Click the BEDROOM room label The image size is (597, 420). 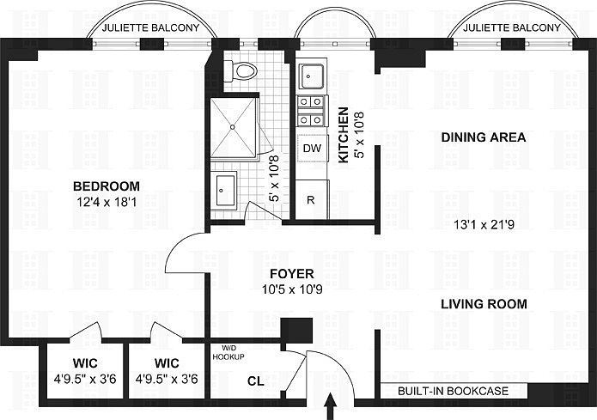tap(106, 186)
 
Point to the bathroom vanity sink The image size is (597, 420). tap(225, 187)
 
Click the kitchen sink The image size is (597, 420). tap(310, 77)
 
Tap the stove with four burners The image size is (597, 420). tap(311, 112)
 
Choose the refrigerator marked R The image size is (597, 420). tap(311, 199)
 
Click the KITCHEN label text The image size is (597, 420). tap(343, 136)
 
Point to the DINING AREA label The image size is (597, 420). tap(483, 137)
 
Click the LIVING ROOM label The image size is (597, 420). tap(484, 304)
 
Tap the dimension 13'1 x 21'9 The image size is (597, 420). tap(484, 227)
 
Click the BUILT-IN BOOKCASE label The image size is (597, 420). tap(453, 392)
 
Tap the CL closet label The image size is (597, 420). tap(255, 380)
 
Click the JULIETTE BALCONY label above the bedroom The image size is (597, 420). tap(151, 27)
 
